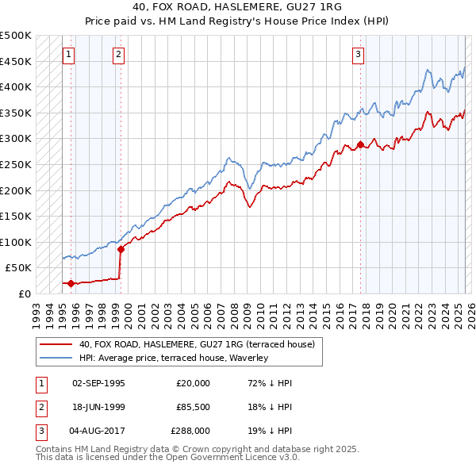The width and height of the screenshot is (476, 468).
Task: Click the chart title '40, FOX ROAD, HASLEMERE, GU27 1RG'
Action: pos(238,8)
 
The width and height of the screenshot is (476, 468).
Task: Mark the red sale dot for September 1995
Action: pos(71,283)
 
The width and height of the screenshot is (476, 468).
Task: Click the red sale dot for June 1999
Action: pos(121,249)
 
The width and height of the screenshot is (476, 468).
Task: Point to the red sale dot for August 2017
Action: pos(360,144)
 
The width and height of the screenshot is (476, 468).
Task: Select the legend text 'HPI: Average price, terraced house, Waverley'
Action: pos(174,358)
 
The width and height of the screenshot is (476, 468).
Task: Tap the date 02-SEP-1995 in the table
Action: pos(98,383)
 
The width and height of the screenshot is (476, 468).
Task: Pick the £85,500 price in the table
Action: pos(194,407)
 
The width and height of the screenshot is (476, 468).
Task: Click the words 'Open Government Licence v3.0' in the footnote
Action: pos(239,458)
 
